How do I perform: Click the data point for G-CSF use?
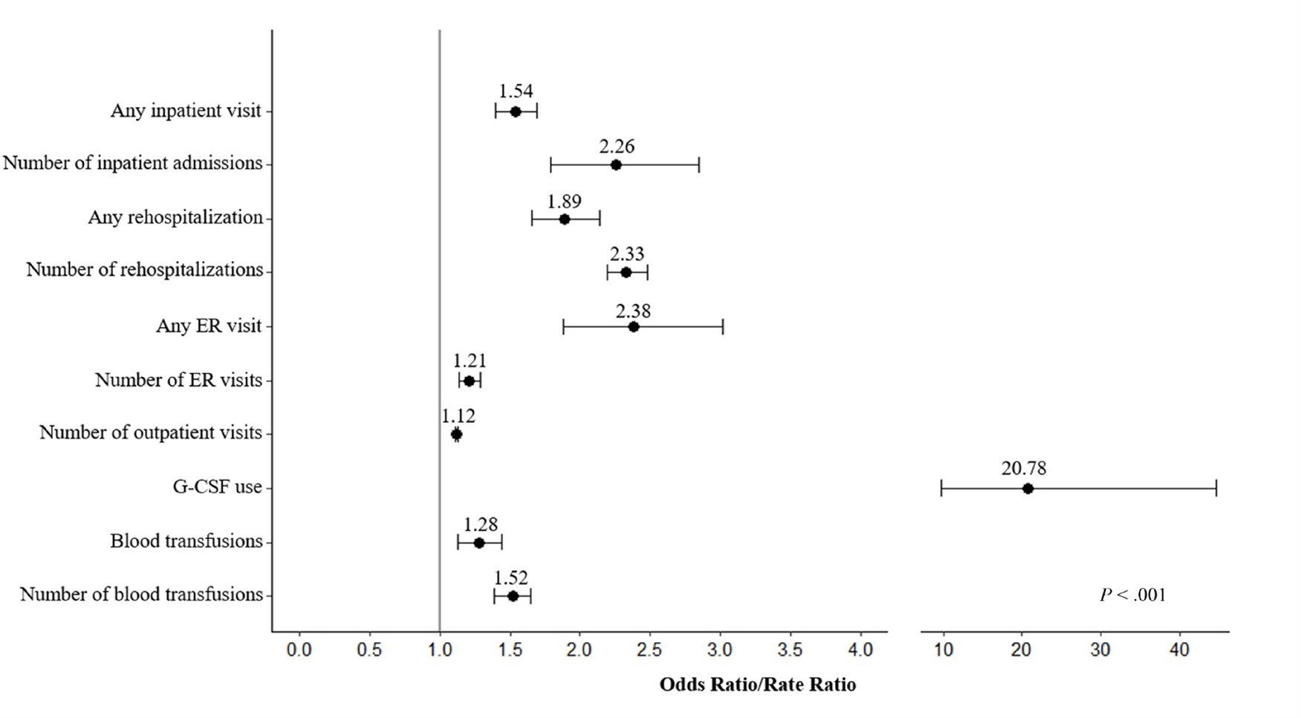pyautogui.click(x=1028, y=488)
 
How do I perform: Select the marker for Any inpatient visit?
pyautogui.click(x=516, y=111)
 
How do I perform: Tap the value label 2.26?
pyautogui.click(x=617, y=146)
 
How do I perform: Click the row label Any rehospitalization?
pyautogui.click(x=175, y=218)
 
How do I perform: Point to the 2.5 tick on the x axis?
pyautogui.click(x=649, y=650)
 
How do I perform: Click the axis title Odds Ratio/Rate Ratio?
pyautogui.click(x=757, y=685)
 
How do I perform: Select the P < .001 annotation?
pyautogui.click(x=1132, y=595)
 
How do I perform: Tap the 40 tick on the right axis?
pyautogui.click(x=1179, y=650)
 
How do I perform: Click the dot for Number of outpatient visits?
pyautogui.click(x=456, y=434)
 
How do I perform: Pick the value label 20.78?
pyautogui.click(x=1023, y=469)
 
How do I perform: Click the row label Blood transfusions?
pyautogui.click(x=186, y=541)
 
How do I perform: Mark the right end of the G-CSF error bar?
pyautogui.click(x=1216, y=488)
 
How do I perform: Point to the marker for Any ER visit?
pyautogui.click(x=633, y=326)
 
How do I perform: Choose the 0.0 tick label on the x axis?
pyautogui.click(x=299, y=650)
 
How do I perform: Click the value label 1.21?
pyautogui.click(x=470, y=361)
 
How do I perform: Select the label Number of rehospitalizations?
pyautogui.click(x=145, y=270)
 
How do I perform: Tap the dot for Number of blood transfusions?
pyautogui.click(x=513, y=596)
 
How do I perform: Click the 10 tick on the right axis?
pyautogui.click(x=944, y=650)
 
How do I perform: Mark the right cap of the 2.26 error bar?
pyautogui.click(x=698, y=165)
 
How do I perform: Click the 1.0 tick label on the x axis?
pyautogui.click(x=440, y=650)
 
